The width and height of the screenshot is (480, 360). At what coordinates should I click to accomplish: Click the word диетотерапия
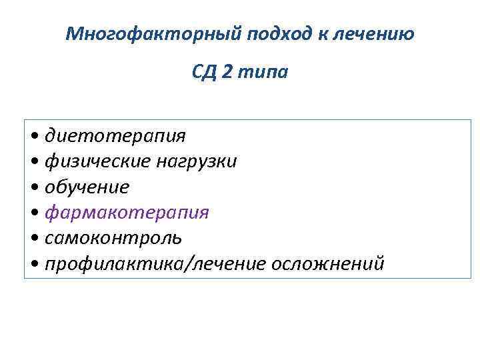pos(115,137)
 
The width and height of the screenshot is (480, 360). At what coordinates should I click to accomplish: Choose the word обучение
pos(87,187)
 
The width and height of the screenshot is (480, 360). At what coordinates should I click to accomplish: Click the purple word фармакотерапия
pos(127,213)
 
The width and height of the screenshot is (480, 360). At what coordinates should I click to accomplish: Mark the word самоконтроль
pos(113,238)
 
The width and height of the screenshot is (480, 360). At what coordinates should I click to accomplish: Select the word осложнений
pos(327,263)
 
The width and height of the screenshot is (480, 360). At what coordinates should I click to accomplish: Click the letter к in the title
pos(321,33)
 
